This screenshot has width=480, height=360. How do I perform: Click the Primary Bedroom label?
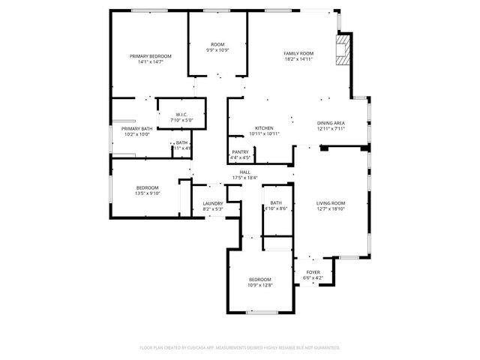pos(150,56)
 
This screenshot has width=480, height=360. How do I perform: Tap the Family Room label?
pos(298,53)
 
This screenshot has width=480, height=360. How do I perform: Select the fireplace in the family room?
pos(343,50)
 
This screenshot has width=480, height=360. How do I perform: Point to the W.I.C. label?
pos(181,115)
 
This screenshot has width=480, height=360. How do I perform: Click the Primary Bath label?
pos(136,129)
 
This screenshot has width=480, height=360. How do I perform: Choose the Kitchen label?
pos(264,128)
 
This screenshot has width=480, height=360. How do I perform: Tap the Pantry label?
pos(241,152)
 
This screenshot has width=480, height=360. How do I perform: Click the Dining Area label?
pos(331,123)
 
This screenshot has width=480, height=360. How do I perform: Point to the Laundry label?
pos(213,203)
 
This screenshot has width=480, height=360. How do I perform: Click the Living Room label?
pos(330,203)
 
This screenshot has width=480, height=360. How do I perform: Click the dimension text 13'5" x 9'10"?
pos(148,193)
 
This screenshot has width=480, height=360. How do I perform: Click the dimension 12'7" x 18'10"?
pos(330,208)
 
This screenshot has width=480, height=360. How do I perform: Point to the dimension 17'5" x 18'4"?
pos(244,178)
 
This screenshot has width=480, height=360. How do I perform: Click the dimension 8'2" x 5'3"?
pos(213,208)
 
